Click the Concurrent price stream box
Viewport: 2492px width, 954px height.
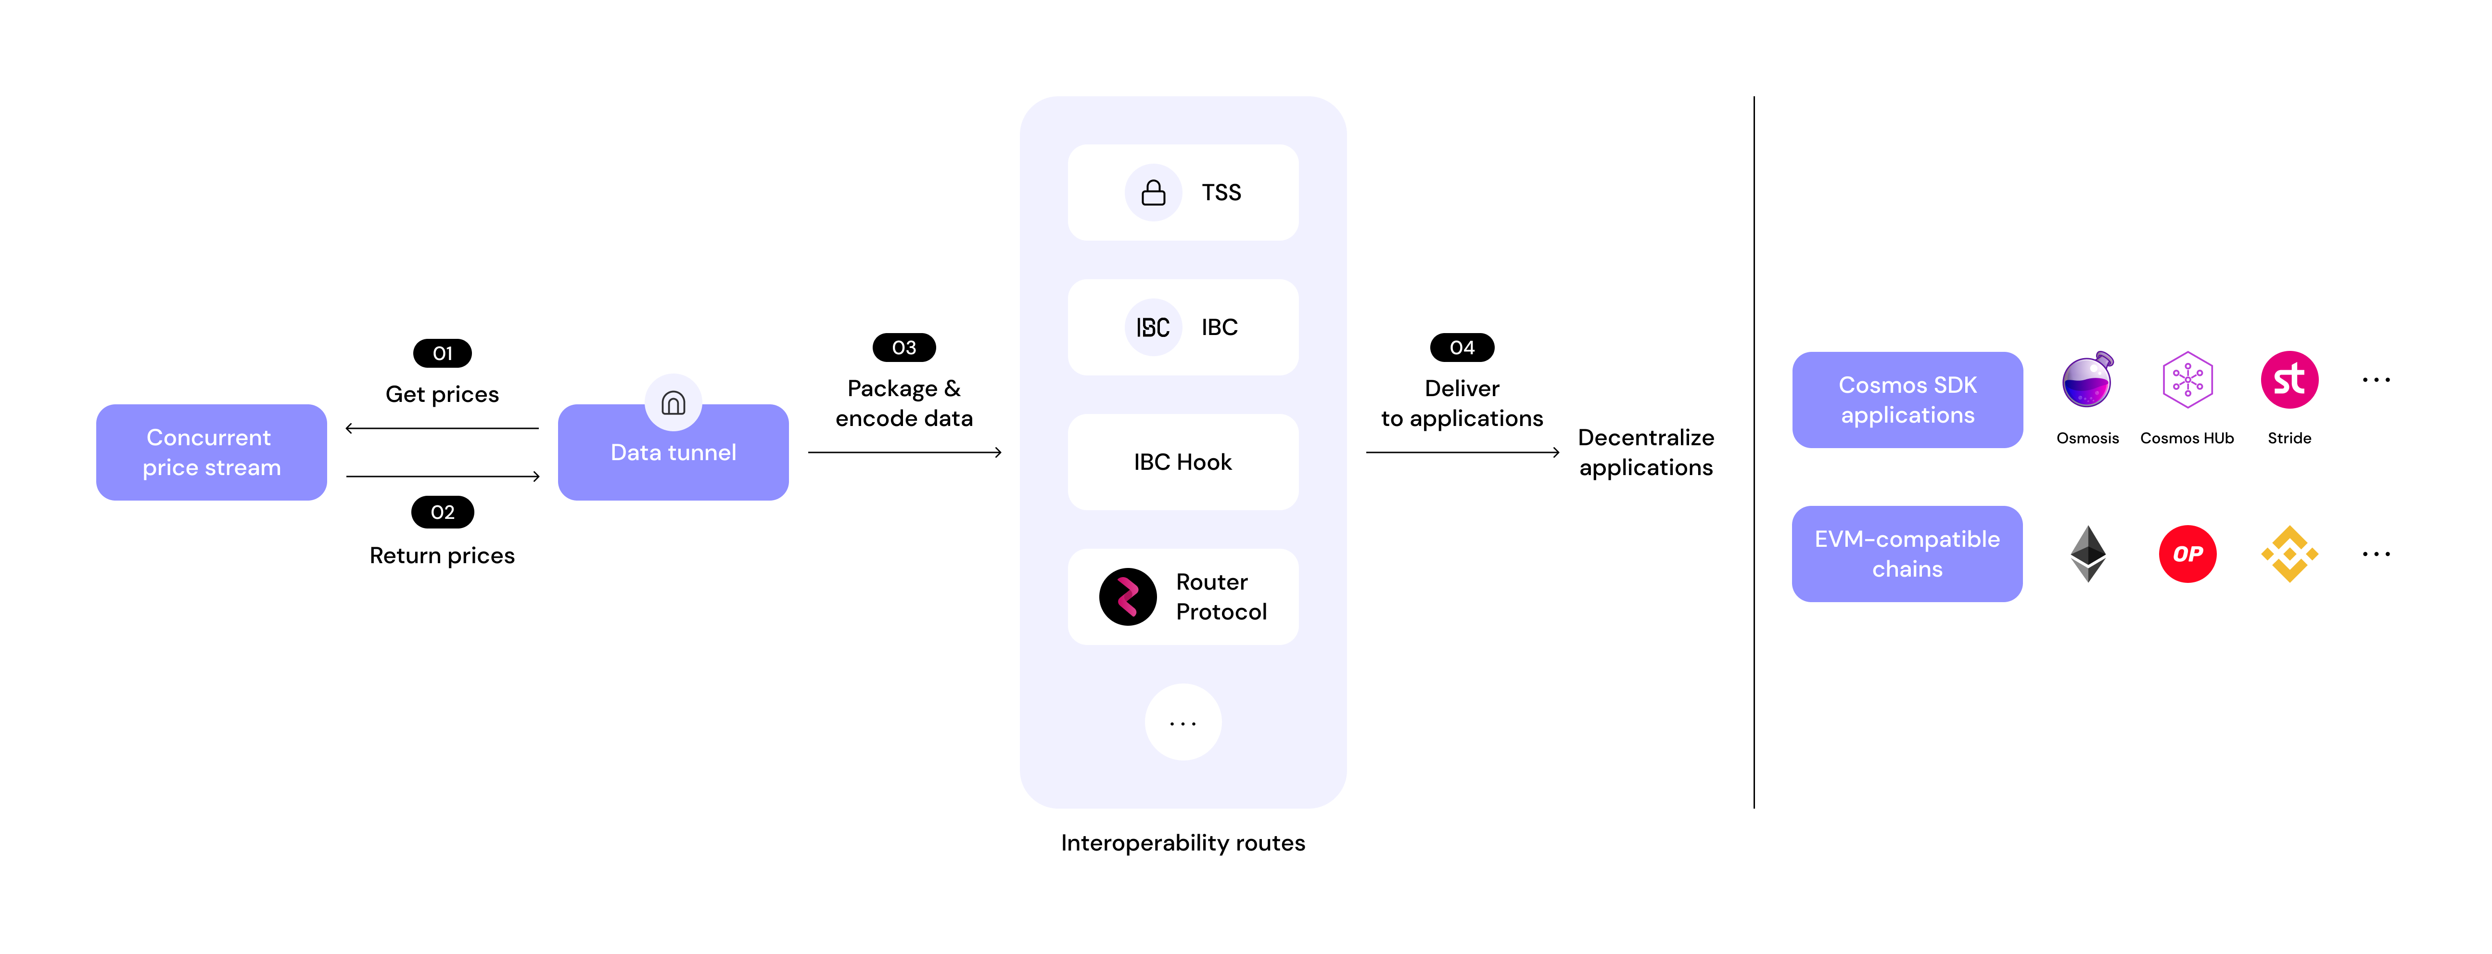coord(211,452)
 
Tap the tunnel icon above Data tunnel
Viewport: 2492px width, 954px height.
coord(674,402)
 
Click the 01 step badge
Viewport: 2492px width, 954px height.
coord(442,353)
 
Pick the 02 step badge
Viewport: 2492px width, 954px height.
coord(442,512)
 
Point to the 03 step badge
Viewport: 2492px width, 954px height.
coord(903,348)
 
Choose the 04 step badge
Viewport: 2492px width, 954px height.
coord(1462,348)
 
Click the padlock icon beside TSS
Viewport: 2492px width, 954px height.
coord(1153,193)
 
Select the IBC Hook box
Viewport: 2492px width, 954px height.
coord(1182,462)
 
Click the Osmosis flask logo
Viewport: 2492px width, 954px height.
coord(2086,380)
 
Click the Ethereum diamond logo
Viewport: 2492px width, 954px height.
coord(2087,554)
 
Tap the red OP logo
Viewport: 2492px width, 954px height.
coord(2187,554)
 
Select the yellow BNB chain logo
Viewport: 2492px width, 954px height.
coord(2289,554)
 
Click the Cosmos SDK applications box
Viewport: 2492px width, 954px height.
coord(1907,400)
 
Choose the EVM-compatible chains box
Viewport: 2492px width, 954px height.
coord(1907,554)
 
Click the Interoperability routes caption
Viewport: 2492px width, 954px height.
coord(1182,843)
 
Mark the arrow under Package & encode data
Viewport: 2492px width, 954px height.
coord(903,452)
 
